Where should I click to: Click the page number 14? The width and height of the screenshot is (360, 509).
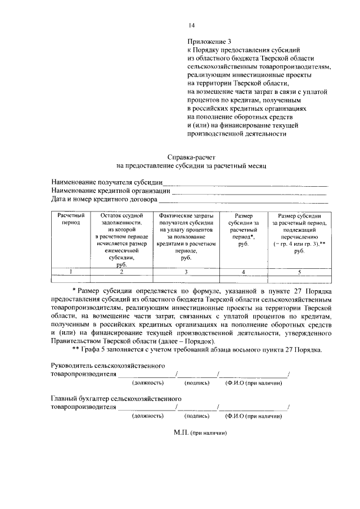(x=192, y=25)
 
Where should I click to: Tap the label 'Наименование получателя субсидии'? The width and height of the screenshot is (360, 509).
(x=107, y=182)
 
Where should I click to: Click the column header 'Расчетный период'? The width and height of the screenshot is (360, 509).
(x=71, y=218)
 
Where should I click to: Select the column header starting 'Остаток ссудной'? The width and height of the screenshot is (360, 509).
(x=121, y=240)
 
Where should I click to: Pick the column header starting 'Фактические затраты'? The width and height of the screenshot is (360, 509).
(x=186, y=236)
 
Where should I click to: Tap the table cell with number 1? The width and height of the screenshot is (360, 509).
(x=71, y=272)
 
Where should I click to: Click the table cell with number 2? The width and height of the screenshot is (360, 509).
(x=121, y=272)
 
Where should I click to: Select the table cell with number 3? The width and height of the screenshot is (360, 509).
(x=186, y=272)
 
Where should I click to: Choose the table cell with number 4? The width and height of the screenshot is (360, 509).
(x=243, y=272)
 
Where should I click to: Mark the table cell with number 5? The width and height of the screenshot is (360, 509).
(x=299, y=272)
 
